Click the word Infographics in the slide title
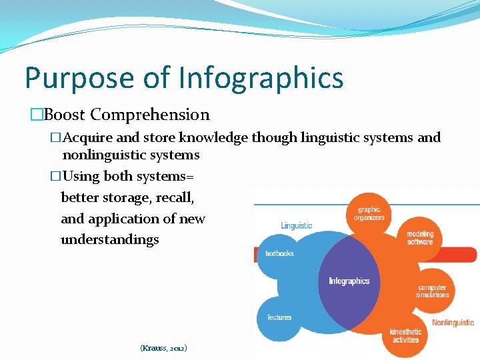pyautogui.click(x=261, y=78)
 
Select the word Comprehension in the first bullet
pyautogui.click(x=150, y=115)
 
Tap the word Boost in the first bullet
pyautogui.click(x=65, y=115)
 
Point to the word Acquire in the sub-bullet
pyautogui.click(x=88, y=137)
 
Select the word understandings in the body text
pyautogui.click(x=109, y=239)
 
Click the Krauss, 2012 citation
pyautogui.click(x=163, y=348)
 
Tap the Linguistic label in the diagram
pyautogui.click(x=297, y=225)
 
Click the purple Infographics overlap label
pyautogui.click(x=349, y=281)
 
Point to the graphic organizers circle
pyautogui.click(x=369, y=214)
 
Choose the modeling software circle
pyautogui.click(x=420, y=238)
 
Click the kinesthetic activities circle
pyautogui.click(x=405, y=335)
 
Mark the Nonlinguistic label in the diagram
pyautogui.click(x=453, y=323)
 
